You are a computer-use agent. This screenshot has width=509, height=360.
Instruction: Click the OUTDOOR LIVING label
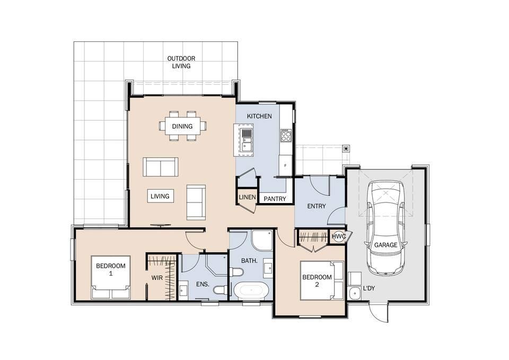click(x=181, y=62)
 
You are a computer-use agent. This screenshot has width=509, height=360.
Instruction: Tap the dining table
click(x=182, y=126)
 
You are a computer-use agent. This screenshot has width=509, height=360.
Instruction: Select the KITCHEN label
click(x=259, y=116)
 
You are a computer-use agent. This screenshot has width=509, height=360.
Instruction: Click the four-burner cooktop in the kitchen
click(x=286, y=135)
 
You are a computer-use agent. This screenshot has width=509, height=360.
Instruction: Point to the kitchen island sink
click(x=247, y=140)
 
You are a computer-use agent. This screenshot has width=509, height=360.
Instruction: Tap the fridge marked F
click(x=286, y=165)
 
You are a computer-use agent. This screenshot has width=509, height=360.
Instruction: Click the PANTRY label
click(x=275, y=199)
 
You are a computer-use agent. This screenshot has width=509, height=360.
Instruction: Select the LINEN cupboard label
click(x=248, y=197)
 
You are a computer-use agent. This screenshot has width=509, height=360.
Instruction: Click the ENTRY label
click(x=317, y=206)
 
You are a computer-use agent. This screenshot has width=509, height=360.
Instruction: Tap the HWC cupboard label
click(x=339, y=236)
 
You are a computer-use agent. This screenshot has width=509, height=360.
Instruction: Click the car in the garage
click(x=385, y=227)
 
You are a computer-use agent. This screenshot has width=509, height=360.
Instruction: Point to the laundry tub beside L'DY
click(x=354, y=293)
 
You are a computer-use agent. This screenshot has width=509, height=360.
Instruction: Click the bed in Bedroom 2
click(x=322, y=280)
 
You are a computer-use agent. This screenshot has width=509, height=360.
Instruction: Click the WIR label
click(x=157, y=278)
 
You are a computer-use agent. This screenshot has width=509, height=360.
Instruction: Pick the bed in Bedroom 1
click(x=111, y=277)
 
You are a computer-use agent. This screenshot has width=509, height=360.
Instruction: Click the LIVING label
click(x=160, y=196)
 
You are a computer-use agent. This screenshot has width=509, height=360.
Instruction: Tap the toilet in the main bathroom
click(x=236, y=271)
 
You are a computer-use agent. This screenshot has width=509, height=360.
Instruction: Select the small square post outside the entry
click(x=347, y=148)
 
